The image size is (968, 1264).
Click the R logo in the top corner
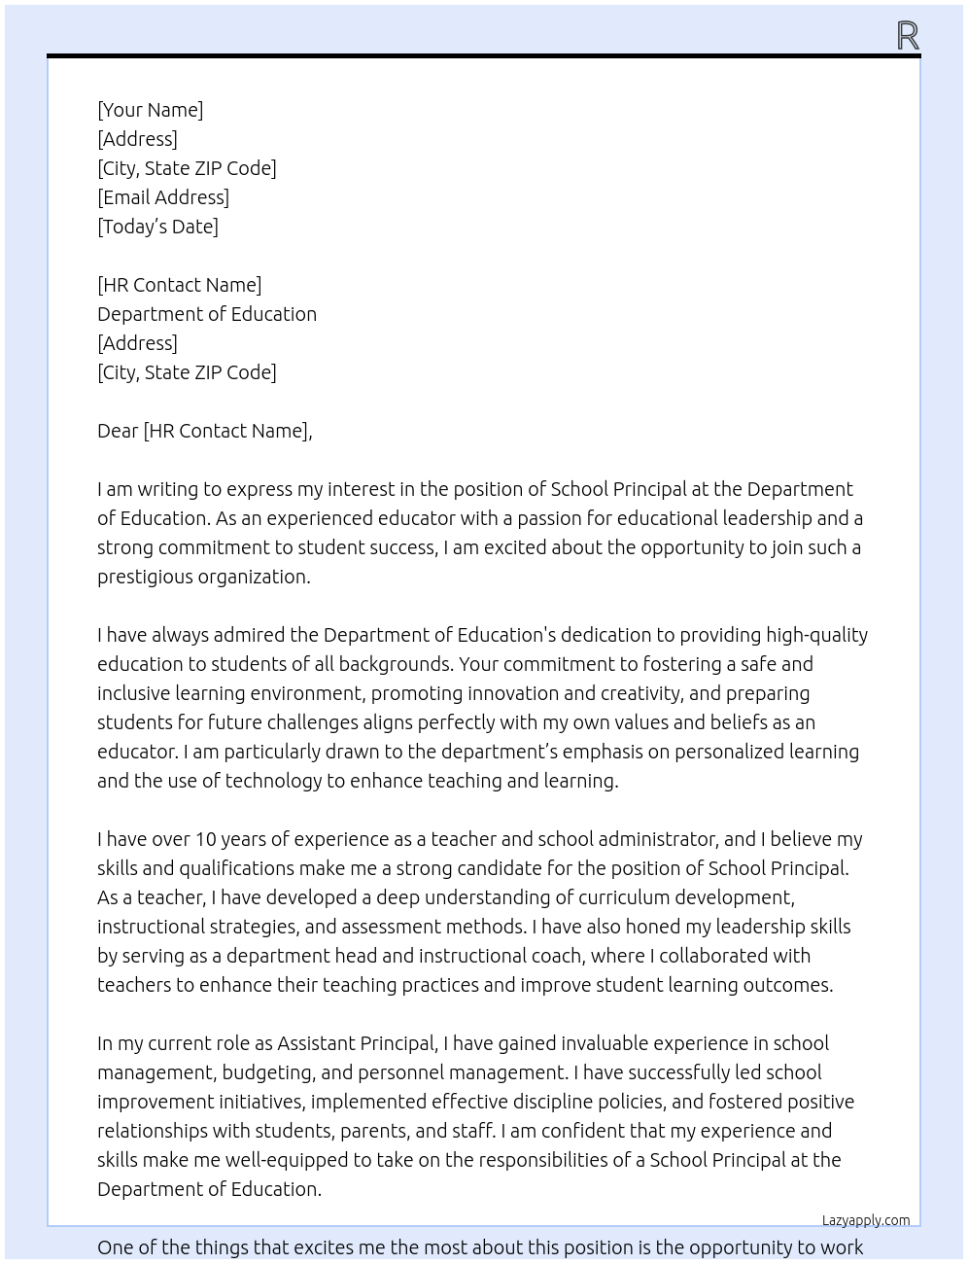pyautogui.click(x=908, y=36)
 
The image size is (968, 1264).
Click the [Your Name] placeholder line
pyautogui.click(x=150, y=110)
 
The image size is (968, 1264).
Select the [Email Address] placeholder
pyautogui.click(x=163, y=197)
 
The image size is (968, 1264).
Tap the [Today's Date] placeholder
pyautogui.click(x=157, y=227)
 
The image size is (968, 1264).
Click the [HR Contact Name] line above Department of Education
pyautogui.click(x=179, y=285)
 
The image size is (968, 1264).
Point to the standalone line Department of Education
pyautogui.click(x=207, y=314)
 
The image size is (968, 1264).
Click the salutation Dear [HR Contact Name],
pyautogui.click(x=204, y=431)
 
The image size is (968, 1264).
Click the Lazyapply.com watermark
pyautogui.click(x=866, y=1220)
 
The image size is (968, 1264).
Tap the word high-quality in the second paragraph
pyautogui.click(x=816, y=635)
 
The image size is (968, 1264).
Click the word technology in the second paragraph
pyautogui.click(x=273, y=781)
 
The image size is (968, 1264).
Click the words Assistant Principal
pyautogui.click(x=356, y=1043)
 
